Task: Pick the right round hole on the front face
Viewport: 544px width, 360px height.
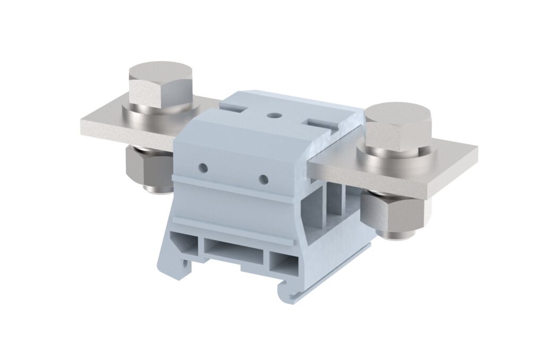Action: click(x=262, y=179)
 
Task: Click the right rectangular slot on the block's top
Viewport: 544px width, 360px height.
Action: click(x=321, y=124)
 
